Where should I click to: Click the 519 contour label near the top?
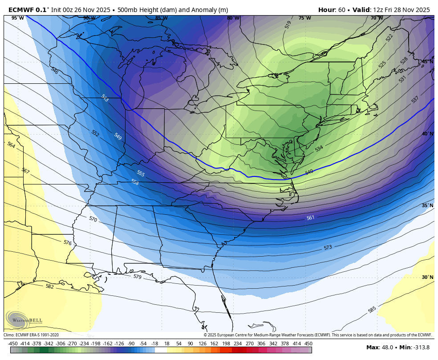288,25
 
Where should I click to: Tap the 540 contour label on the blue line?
309,172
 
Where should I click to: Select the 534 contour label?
319,148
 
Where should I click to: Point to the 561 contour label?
311,218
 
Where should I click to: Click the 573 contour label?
328,247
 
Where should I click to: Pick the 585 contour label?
372,309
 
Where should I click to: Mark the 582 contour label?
49,286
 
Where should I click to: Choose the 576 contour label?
68,243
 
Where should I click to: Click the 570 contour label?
93,219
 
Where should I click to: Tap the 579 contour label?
137,277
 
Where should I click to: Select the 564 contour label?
11,145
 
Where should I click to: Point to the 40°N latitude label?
427,134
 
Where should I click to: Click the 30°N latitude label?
427,277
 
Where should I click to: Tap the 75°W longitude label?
304,18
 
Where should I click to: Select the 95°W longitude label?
17,18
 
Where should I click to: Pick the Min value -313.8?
421,348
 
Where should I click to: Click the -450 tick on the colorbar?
13,344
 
